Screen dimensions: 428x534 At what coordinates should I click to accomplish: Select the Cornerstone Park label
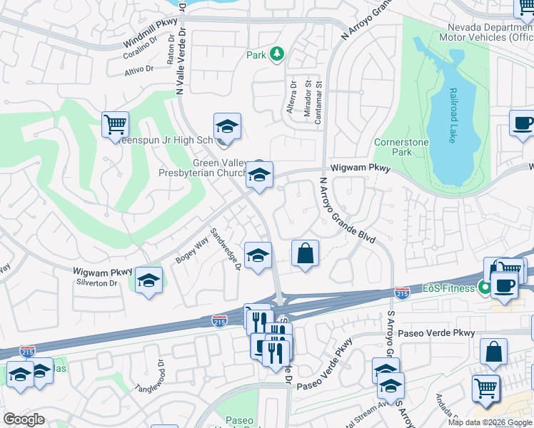tap(403, 147)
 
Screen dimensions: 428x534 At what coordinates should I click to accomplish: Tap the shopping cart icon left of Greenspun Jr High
tap(115, 126)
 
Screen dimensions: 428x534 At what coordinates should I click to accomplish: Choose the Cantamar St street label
tap(319, 103)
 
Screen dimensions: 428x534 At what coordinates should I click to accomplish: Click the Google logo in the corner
tap(24, 419)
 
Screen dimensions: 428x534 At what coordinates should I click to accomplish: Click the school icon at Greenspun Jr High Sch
tap(227, 127)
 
